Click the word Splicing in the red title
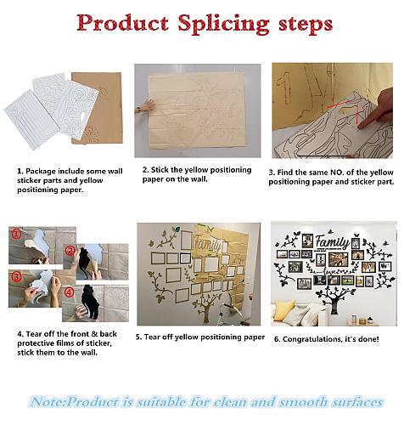[223, 24]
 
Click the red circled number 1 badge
[17, 234]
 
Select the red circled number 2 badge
[70, 251]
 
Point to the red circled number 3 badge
[17, 277]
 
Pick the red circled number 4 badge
[70, 292]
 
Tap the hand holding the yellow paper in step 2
[145, 106]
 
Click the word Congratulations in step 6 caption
[311, 339]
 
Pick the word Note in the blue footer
[48, 402]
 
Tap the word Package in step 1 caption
[41, 172]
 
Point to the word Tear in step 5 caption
[152, 337]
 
